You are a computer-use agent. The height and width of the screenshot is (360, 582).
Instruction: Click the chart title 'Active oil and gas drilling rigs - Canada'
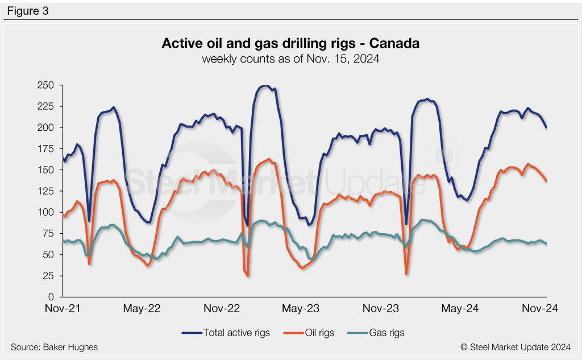pos(290,44)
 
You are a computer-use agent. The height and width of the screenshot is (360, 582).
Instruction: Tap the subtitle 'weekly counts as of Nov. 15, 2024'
pos(290,58)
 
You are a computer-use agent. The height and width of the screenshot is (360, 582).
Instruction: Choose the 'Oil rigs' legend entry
pos(312,332)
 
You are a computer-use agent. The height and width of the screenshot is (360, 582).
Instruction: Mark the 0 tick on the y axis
pos(51,297)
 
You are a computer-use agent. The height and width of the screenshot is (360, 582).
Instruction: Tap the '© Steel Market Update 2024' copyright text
pos(516,347)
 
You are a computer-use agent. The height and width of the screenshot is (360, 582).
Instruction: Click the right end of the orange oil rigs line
pos(546,181)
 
